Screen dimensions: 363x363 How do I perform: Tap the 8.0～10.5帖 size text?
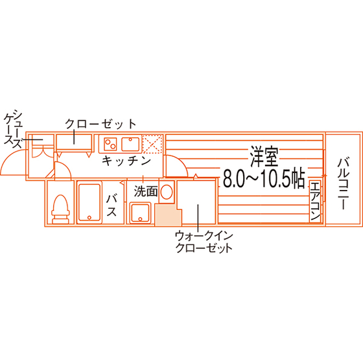264,179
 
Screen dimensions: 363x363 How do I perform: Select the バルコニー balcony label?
343,183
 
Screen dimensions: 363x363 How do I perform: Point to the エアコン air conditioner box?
315,200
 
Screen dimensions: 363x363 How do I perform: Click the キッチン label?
126,161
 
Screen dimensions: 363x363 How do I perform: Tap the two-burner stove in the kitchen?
110,144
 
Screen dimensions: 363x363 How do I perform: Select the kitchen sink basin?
130,144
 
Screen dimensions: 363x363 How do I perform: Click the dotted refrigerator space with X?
152,144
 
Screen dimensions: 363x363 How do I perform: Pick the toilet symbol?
60,209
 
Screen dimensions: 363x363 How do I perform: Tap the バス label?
111,205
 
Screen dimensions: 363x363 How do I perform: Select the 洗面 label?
146,191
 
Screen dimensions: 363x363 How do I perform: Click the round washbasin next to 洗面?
167,192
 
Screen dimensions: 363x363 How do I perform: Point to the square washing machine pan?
140,213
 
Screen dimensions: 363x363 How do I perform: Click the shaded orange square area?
168,215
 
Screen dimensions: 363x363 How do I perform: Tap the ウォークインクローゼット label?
204,242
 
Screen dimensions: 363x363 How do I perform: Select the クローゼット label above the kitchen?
100,124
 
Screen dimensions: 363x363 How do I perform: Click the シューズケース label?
14,130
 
